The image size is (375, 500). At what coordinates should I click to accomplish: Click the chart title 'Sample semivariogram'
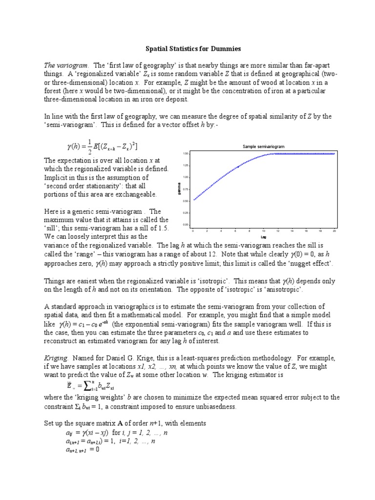coord(264,146)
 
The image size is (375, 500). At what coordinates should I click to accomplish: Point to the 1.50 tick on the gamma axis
coord(186,153)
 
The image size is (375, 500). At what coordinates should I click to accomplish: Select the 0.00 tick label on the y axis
coord(186,225)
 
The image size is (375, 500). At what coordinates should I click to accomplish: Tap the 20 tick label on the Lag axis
coord(334,230)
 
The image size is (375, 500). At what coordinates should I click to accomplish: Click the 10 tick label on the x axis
coord(264,230)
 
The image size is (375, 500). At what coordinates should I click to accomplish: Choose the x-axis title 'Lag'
coord(264,236)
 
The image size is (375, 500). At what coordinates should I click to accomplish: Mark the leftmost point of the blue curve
coord(194,199)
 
